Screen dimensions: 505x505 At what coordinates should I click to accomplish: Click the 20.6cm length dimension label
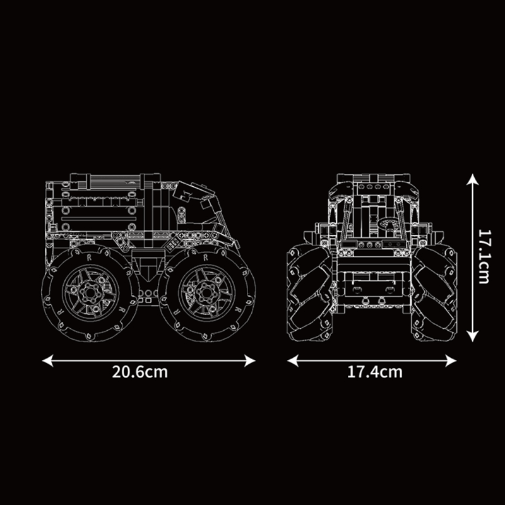tap(140, 372)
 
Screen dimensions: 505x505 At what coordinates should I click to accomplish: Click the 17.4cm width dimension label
tap(374, 372)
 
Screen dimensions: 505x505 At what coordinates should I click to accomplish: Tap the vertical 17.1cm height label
tap(484, 257)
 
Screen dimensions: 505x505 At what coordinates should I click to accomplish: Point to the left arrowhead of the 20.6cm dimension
tap(48, 360)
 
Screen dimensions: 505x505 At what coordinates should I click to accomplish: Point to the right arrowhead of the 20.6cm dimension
tap(250, 360)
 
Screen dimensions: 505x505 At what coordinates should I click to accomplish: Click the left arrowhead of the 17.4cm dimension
tap(293, 360)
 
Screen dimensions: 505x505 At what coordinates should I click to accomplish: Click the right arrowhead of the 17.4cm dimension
tap(451, 360)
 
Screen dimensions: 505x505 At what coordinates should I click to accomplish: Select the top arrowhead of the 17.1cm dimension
tap(472, 179)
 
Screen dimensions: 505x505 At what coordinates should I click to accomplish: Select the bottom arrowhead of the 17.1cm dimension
tap(472, 336)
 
